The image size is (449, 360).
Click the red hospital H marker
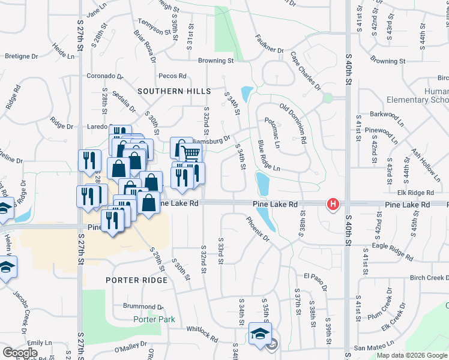click(333, 205)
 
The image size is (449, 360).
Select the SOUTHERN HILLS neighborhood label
click(174, 91)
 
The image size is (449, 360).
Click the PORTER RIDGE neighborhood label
click(135, 280)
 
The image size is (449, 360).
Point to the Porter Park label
click(154, 319)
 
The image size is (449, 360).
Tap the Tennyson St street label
click(149, 28)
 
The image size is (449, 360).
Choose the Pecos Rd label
click(173, 76)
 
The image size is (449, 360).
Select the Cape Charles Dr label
click(306, 71)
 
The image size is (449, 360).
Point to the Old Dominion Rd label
click(294, 124)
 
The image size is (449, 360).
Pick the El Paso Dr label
click(315, 277)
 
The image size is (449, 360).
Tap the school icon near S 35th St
click(260, 334)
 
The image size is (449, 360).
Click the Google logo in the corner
click(20, 353)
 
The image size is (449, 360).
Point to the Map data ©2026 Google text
click(411, 355)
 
